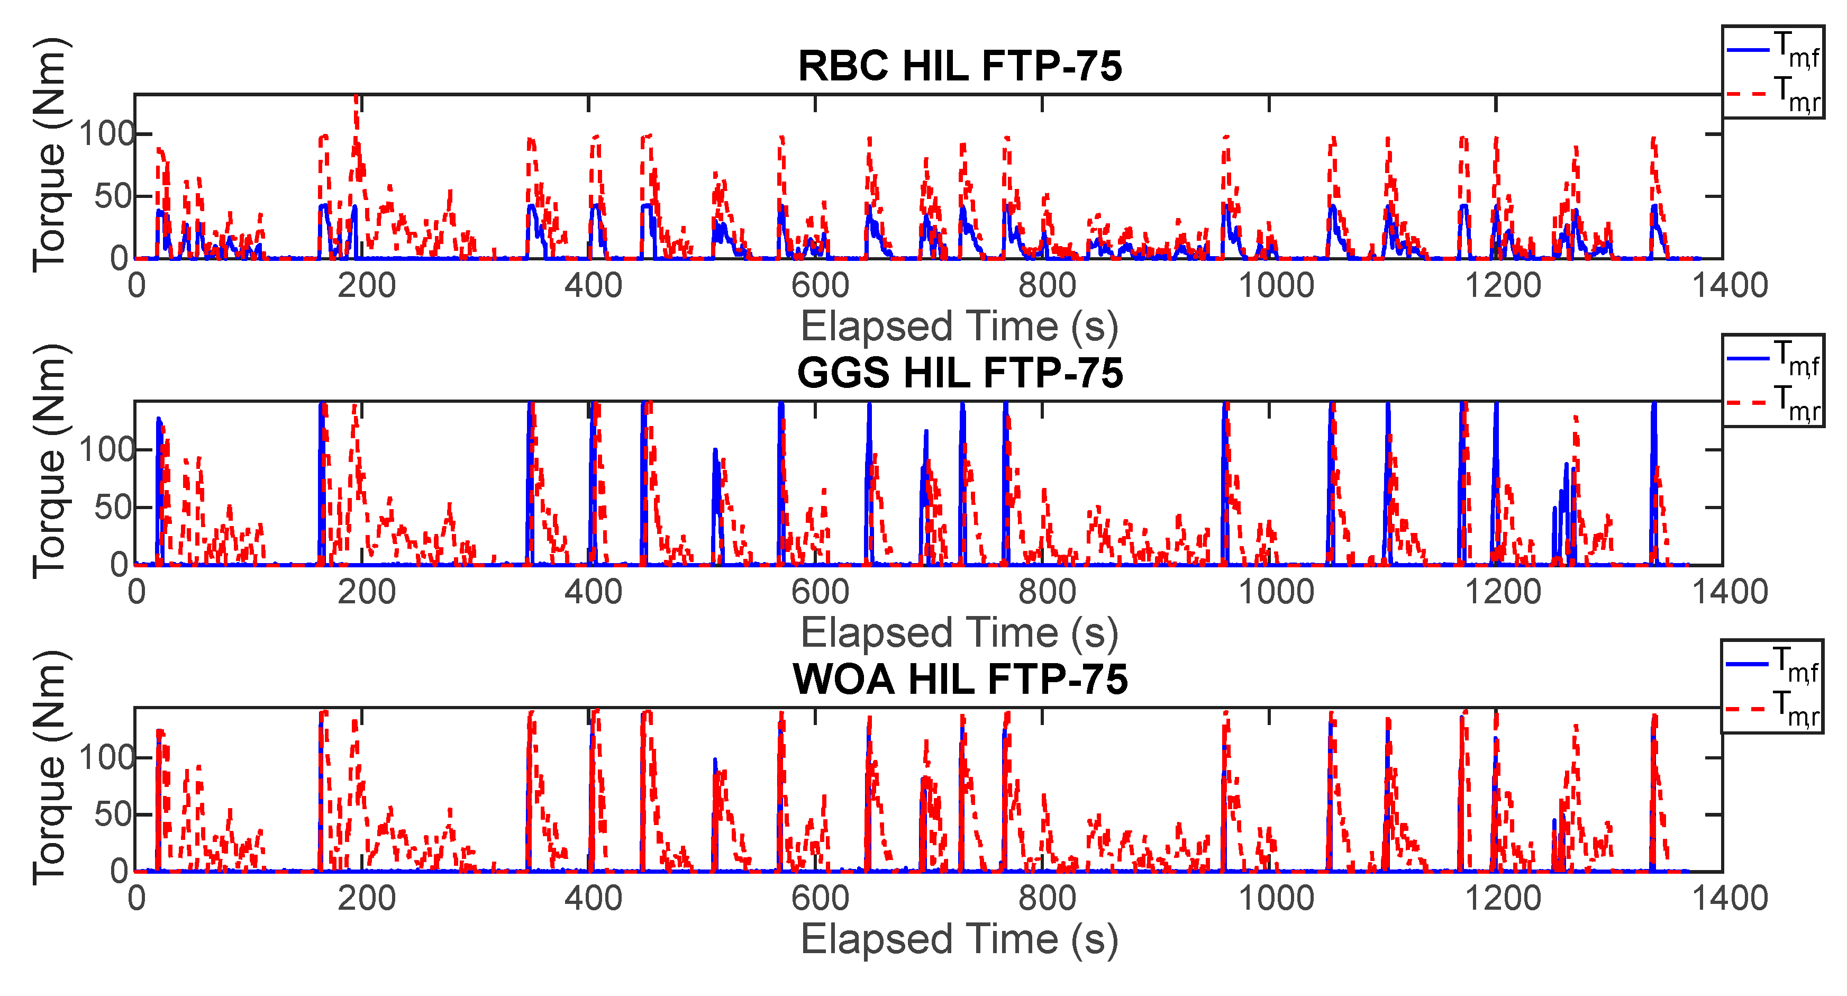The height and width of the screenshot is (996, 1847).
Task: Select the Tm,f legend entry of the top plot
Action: pos(1772,52)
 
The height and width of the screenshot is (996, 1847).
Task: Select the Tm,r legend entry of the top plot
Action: pos(1772,95)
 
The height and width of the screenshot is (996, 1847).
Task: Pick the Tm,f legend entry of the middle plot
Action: pos(1772,358)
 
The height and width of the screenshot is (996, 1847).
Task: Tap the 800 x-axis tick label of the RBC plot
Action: pos(1047,285)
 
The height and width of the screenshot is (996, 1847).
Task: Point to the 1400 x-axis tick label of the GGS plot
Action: pos(1730,592)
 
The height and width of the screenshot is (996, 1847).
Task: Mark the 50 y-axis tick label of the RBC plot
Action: pos(113,196)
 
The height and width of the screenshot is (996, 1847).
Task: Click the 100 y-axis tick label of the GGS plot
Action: pos(106,450)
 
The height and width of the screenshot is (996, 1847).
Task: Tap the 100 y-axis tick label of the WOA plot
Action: pos(106,757)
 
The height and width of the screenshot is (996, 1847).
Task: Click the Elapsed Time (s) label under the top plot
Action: pos(959,326)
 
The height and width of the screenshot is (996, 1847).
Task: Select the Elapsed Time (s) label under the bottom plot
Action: pos(959,939)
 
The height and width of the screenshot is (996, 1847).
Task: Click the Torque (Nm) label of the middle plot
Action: pos(50,461)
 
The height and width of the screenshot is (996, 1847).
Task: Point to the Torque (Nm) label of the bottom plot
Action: pos(50,767)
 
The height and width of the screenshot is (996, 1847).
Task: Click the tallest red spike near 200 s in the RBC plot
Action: pos(357,107)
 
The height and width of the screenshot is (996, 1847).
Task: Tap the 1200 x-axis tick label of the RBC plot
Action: pos(1502,285)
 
